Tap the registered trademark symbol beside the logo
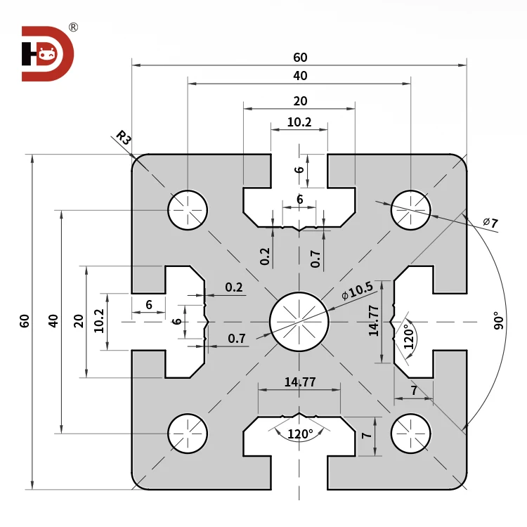coord(73,27)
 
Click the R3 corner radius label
coord(124,138)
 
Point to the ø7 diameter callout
coord(490,223)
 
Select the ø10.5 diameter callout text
coord(357,290)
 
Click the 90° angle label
coord(499,321)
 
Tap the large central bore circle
coord(299,321)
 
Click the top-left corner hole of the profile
coord(188,209)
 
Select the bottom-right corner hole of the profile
coord(411,433)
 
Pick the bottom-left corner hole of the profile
coord(188,433)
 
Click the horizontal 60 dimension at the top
coord(300,58)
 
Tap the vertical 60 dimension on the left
coord(25,321)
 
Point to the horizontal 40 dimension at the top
coord(300,76)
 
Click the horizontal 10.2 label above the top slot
coord(299,122)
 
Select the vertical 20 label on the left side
coord(79,321)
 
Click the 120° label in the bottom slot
coord(300,434)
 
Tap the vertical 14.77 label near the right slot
coord(374,320)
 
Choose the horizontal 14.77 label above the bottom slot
coord(299,382)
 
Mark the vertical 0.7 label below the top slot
coord(315,259)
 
